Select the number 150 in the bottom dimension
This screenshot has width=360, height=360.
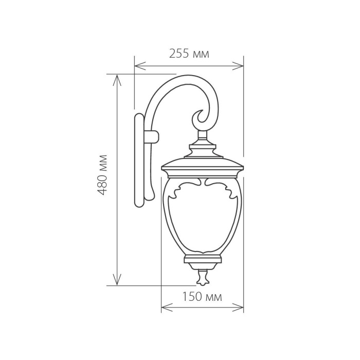click(x=191, y=297)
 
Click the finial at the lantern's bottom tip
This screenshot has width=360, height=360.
click(x=202, y=278)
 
